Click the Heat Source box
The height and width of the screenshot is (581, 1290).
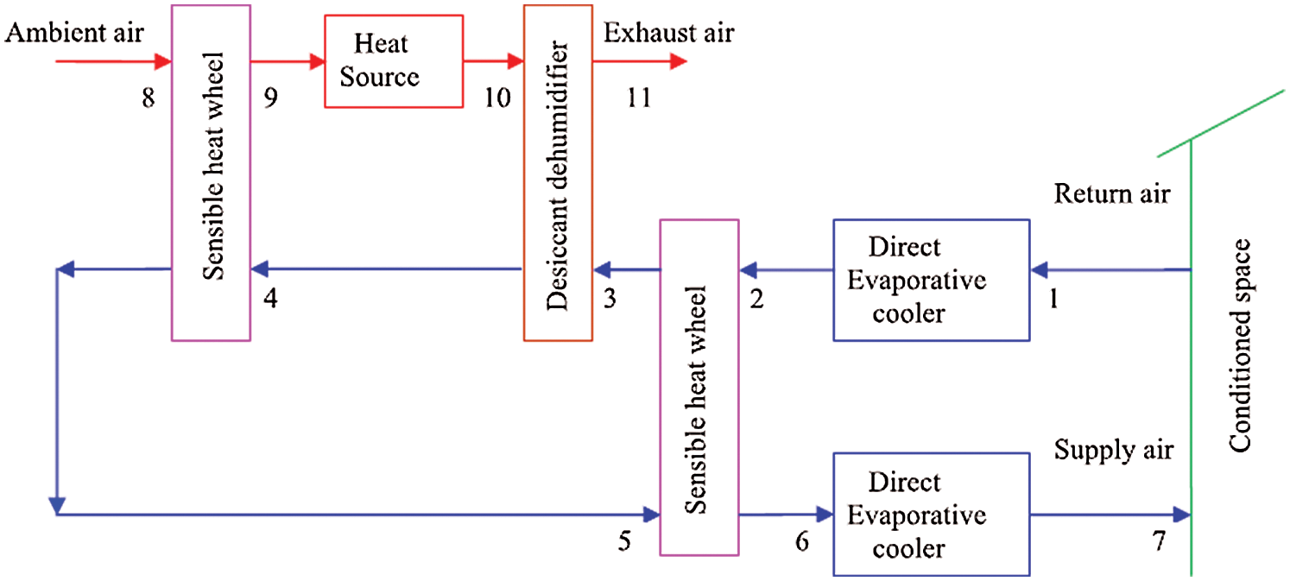pyautogui.click(x=394, y=60)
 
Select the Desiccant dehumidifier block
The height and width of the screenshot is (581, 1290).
pyautogui.click(x=558, y=172)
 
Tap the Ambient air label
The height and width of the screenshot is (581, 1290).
pyautogui.click(x=73, y=33)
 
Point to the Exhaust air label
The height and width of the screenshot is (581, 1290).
pyautogui.click(x=668, y=33)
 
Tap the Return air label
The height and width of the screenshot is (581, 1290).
pyautogui.click(x=1112, y=193)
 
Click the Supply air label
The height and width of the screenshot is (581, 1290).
pyautogui.click(x=1113, y=450)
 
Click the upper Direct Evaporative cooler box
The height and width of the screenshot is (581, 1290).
pyautogui.click(x=931, y=280)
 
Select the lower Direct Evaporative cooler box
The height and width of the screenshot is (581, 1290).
pyautogui.click(x=931, y=514)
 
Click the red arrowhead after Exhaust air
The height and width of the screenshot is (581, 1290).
pyautogui.click(x=679, y=61)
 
